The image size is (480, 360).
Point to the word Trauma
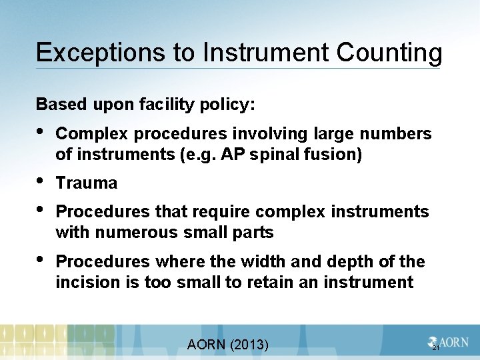pos(87,183)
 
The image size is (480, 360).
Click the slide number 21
pos(436,348)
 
